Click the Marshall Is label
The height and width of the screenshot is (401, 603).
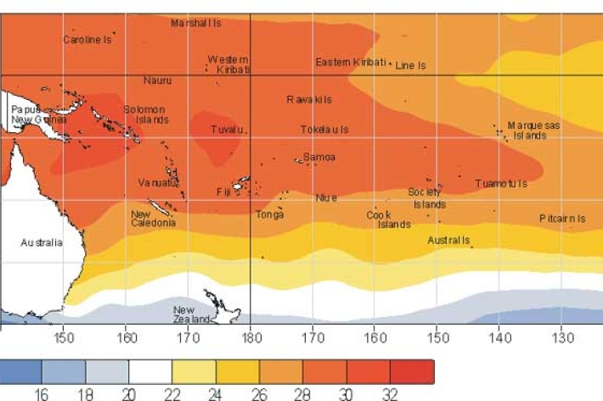click(196, 24)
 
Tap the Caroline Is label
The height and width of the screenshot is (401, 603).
click(87, 40)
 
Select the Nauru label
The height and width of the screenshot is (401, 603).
click(157, 81)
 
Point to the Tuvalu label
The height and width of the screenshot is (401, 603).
click(229, 130)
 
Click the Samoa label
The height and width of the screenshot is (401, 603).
click(319, 158)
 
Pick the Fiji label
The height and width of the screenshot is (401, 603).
click(223, 192)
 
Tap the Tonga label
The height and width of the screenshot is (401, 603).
click(270, 214)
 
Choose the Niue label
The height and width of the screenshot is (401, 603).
click(326, 198)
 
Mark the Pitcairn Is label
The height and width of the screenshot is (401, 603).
click(562, 219)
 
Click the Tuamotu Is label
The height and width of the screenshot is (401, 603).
click(501, 184)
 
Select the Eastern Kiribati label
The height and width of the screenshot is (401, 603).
click(351, 63)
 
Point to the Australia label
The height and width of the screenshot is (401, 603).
click(42, 243)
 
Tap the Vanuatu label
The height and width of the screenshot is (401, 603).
click(158, 183)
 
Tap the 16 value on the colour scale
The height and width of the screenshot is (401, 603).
click(42, 394)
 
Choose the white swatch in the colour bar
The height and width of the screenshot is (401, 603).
click(150, 372)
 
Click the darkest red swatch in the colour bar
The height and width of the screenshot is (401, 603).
click(412, 372)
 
